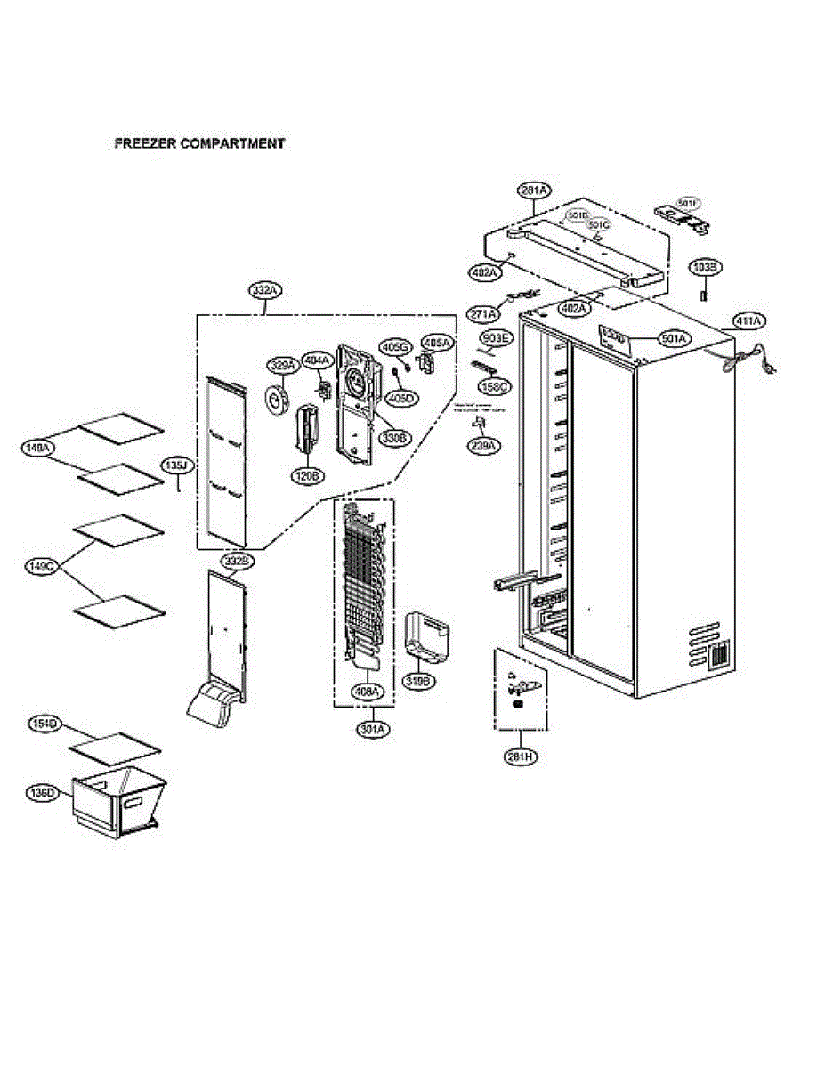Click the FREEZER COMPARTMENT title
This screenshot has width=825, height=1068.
point(199,142)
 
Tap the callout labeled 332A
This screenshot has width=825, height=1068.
point(264,290)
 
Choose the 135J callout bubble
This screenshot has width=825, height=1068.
point(176,465)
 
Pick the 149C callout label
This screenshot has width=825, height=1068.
point(40,565)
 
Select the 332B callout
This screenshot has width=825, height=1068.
point(238,562)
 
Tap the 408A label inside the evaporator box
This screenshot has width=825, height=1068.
point(366,690)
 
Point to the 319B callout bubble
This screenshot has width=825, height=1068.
point(418,681)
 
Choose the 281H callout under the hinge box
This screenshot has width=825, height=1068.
point(521,756)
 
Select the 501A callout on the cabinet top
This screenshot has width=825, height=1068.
point(674,338)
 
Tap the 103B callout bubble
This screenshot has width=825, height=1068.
point(708,266)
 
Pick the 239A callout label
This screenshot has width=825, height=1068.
point(485,446)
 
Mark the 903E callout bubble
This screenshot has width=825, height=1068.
point(495,338)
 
